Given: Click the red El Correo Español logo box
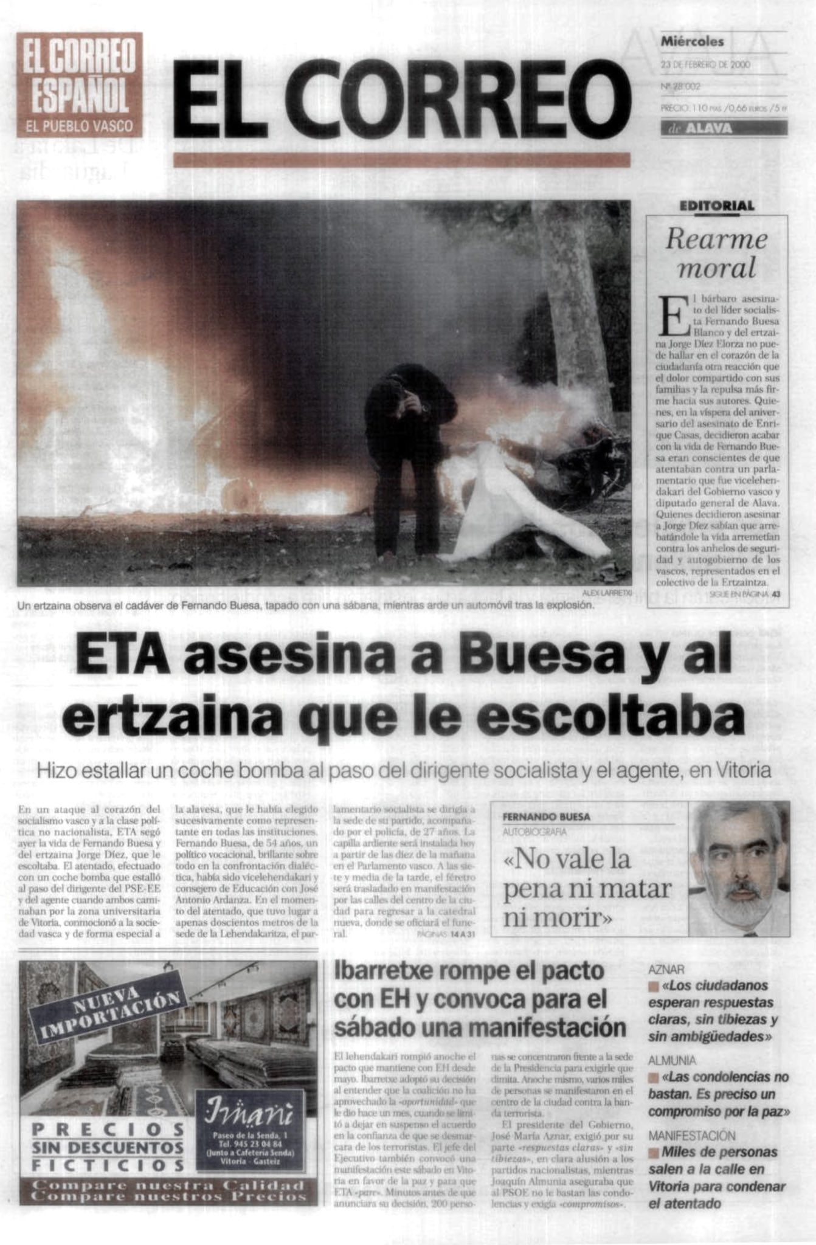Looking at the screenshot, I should (79, 84).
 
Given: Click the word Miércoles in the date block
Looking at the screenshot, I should (693, 42).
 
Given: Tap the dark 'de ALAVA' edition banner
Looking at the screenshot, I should (724, 128).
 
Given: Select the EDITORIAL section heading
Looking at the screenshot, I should (717, 206).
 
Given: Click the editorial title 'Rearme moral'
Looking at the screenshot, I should (716, 252).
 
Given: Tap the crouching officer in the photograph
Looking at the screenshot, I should (409, 450).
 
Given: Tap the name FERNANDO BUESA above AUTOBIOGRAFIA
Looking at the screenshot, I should (546, 817).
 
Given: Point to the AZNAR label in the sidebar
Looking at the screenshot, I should (666, 970).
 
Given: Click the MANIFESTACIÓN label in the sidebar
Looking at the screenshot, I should (691, 1135).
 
